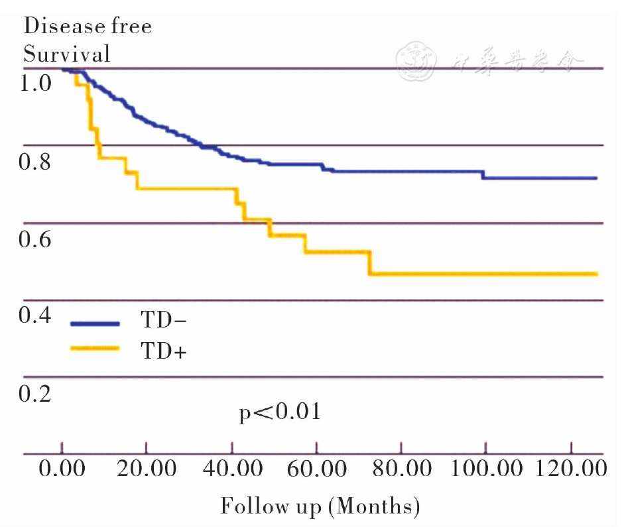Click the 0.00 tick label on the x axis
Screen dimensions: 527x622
[62, 470]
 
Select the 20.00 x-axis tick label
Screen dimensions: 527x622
[145, 470]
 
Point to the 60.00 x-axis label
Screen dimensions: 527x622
[316, 470]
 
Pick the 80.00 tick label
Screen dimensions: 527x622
[401, 470]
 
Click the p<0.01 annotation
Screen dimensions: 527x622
[280, 413]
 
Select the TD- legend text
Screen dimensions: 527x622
[163, 322]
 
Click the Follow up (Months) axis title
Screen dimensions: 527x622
[320, 506]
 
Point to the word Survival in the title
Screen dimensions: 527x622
[67, 54]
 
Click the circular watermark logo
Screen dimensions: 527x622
[416, 62]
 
